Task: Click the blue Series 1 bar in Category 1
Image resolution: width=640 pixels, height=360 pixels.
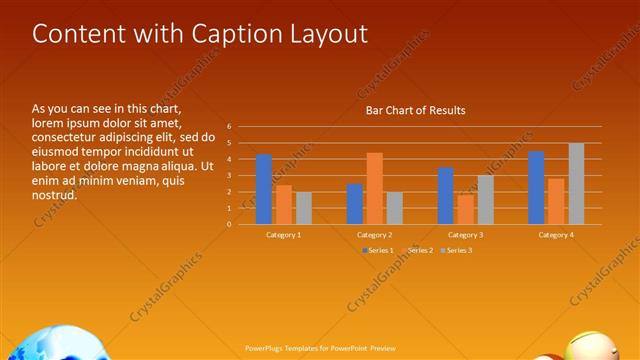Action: (264, 189)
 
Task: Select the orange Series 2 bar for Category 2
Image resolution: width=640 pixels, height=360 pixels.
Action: (374, 188)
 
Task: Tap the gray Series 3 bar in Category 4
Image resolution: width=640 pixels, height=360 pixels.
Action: (576, 183)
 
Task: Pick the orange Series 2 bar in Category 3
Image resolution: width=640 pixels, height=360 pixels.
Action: (465, 209)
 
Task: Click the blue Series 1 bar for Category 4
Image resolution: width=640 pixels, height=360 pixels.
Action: (536, 187)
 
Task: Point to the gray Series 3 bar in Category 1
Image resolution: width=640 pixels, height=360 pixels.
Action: (303, 208)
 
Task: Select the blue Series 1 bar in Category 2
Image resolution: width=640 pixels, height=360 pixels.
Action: (355, 204)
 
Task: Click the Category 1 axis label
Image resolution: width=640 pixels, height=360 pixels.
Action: (283, 234)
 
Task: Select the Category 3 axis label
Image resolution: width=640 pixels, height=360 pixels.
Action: (465, 234)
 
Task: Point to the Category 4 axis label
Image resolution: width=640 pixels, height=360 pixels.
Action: (556, 234)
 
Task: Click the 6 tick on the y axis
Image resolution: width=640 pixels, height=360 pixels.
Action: (229, 127)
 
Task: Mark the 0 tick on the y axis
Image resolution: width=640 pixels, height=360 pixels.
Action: (229, 224)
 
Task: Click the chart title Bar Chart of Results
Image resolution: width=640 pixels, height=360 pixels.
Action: (415, 110)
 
